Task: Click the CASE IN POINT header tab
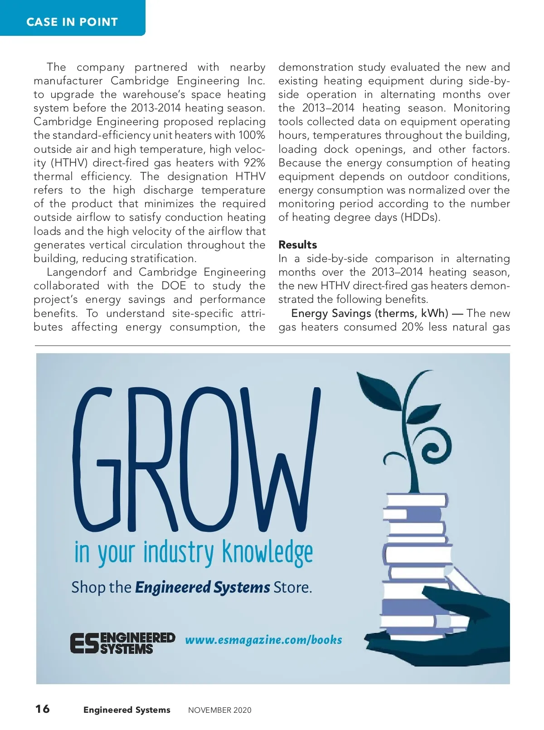(x=72, y=22)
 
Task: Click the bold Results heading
(x=297, y=245)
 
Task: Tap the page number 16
(x=43, y=709)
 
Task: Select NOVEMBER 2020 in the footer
(x=219, y=710)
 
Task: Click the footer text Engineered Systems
(x=126, y=710)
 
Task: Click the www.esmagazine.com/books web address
(x=263, y=640)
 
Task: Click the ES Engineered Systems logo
(x=122, y=643)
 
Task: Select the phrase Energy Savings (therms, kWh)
(x=369, y=313)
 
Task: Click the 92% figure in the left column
(x=254, y=163)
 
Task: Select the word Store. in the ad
(x=293, y=588)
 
